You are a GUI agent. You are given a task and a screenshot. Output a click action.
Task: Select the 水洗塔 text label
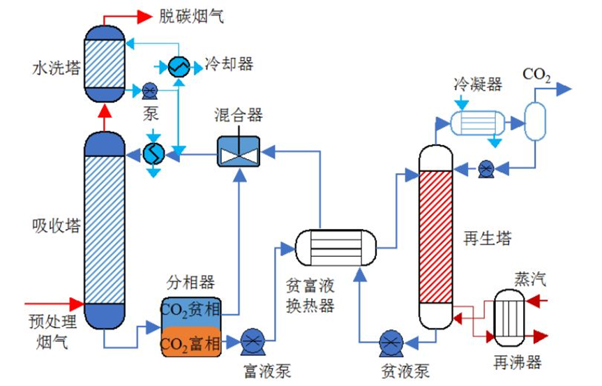click(x=56, y=68)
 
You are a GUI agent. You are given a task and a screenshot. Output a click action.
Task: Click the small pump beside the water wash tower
click(x=149, y=91)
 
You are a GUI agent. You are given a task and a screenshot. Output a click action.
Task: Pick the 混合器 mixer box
click(x=239, y=151)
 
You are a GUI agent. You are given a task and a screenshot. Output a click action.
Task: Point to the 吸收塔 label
click(x=56, y=226)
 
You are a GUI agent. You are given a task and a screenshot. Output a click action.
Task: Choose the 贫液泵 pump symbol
click(x=389, y=342)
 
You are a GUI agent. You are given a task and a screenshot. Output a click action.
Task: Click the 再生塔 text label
click(x=488, y=239)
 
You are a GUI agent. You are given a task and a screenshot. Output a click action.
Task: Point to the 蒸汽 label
click(x=530, y=279)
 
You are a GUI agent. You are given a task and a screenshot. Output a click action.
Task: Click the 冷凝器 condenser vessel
click(x=481, y=123)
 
